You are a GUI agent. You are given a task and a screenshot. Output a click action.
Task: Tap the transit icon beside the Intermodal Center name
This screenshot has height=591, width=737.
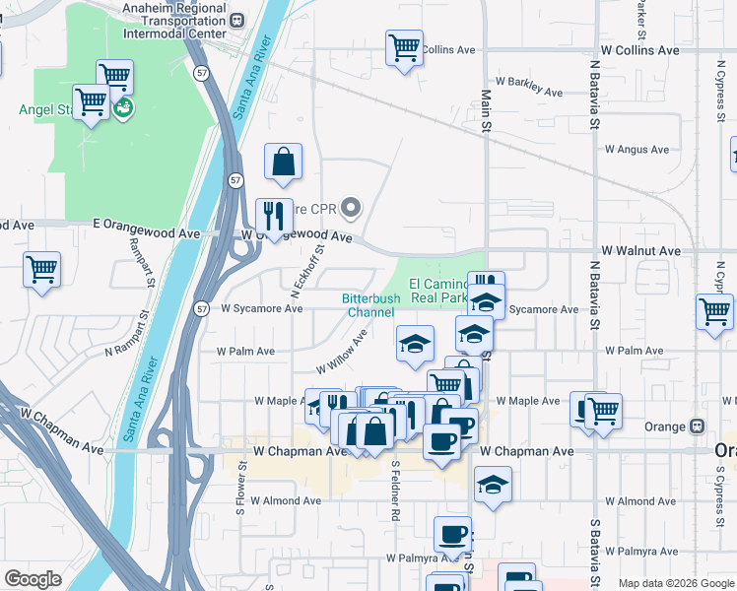(236, 19)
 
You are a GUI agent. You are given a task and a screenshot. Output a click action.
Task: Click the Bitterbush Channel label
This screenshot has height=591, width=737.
(371, 305)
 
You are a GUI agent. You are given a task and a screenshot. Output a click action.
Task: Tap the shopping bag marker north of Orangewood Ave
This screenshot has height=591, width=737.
(283, 161)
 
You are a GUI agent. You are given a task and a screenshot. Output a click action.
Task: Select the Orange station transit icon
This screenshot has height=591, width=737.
(698, 427)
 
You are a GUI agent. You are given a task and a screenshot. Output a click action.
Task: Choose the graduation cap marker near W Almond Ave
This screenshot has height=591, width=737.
(493, 484)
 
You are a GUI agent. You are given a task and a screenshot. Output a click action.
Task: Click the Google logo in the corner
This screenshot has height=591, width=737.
(33, 579)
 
